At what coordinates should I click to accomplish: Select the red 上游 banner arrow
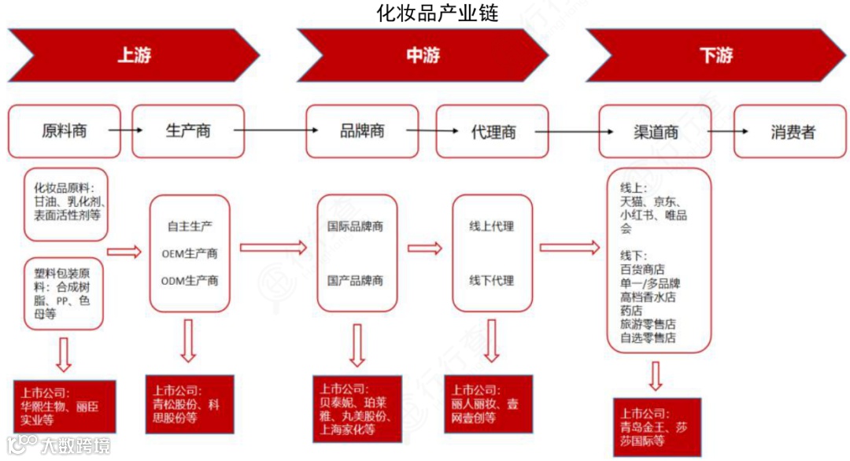(133, 55)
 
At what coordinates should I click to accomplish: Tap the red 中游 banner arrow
(423, 55)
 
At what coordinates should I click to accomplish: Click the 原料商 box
(65, 131)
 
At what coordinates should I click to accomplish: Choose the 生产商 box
(188, 131)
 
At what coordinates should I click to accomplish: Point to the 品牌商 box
(362, 131)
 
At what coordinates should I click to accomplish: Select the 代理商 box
(493, 131)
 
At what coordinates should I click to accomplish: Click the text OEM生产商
(190, 253)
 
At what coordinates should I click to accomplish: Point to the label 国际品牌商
(355, 227)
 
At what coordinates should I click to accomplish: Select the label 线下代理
(492, 281)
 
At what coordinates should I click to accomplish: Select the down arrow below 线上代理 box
(492, 341)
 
